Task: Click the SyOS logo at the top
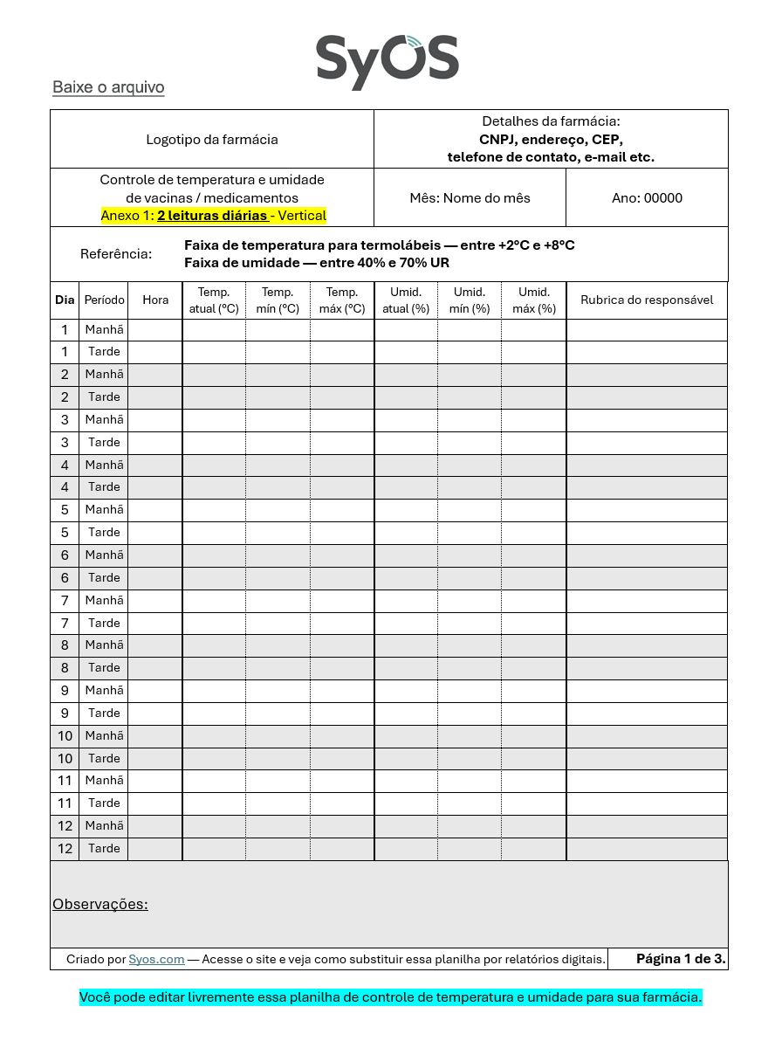pos(387,60)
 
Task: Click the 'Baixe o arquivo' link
pos(108,87)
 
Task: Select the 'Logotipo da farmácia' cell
pos(212,139)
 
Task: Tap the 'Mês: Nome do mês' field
pos(470,197)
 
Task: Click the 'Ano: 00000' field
pos(647,197)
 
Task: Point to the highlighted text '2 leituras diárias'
pos(212,215)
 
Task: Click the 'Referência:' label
pos(116,254)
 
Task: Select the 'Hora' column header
pos(155,300)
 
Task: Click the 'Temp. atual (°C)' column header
pos(214,300)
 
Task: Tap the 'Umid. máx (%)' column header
pos(533,300)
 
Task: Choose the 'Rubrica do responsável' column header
pos(647,300)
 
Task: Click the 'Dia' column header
pos(65,300)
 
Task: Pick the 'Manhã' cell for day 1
pos(104,329)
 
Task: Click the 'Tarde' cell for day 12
pos(104,848)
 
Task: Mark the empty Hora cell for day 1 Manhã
pos(155,329)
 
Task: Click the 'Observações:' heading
pos(100,904)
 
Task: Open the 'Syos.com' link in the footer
pos(156,959)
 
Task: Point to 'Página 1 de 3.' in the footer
pos(681,958)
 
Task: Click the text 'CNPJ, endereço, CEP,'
pos(551,139)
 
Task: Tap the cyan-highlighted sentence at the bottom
pos(390,996)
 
